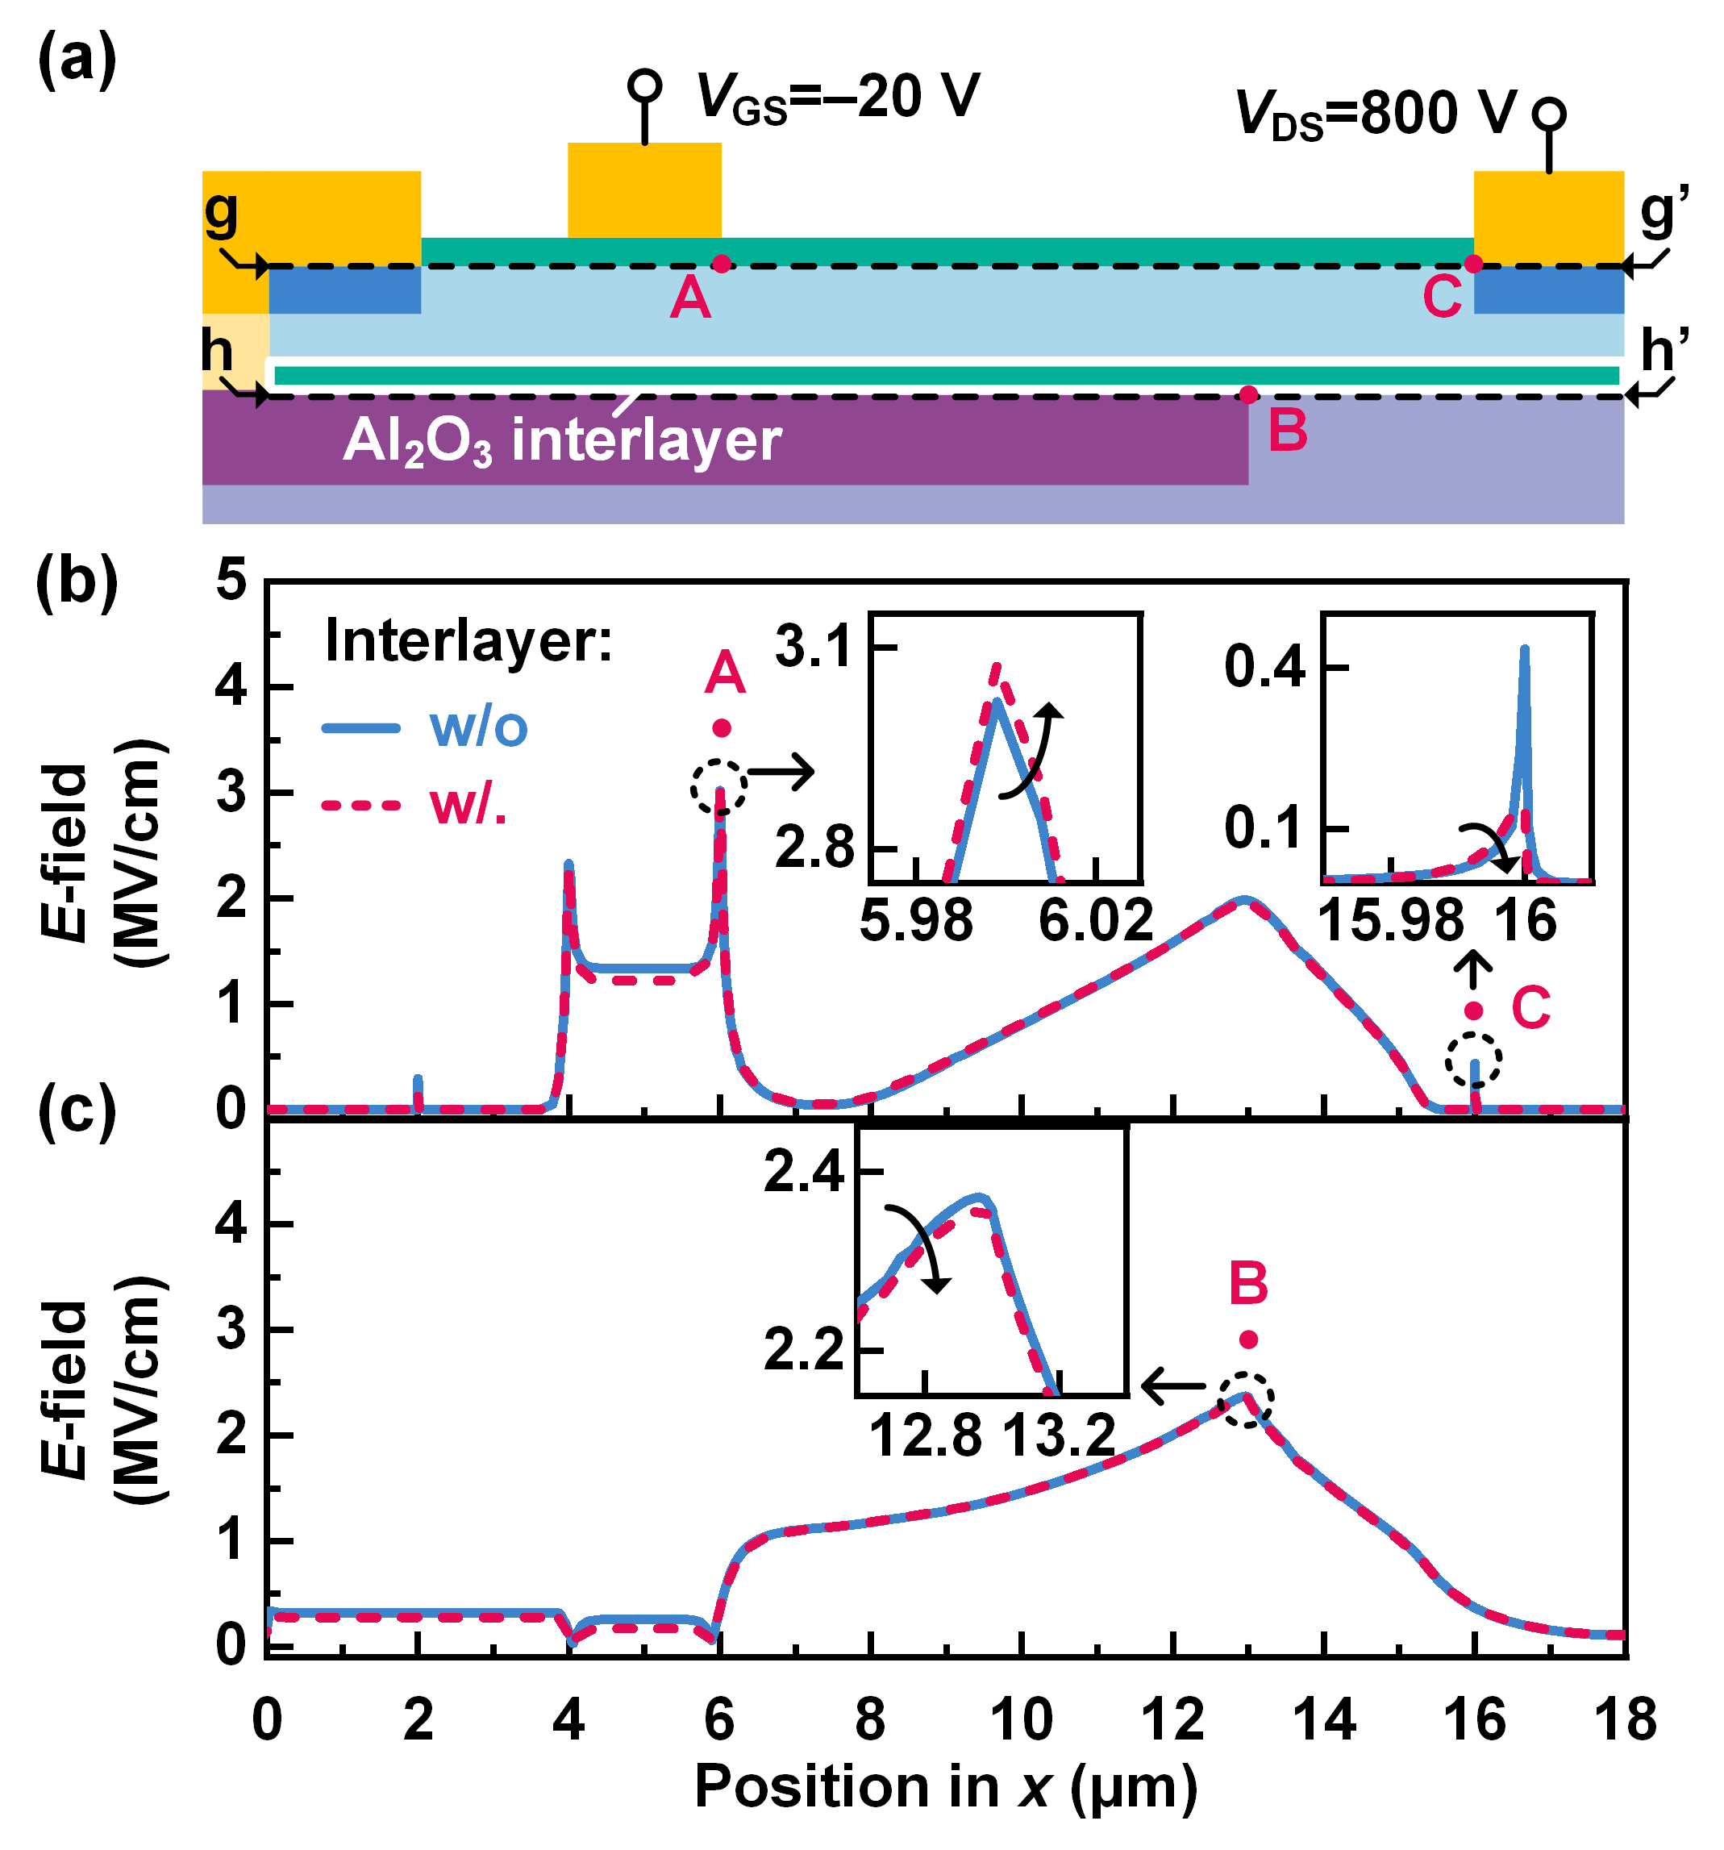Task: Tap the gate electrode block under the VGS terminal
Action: (x=643, y=191)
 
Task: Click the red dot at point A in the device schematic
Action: (x=721, y=265)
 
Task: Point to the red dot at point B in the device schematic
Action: (x=1248, y=394)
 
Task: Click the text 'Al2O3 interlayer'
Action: (x=562, y=440)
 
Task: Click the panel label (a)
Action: (x=77, y=60)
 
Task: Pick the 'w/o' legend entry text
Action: (x=478, y=727)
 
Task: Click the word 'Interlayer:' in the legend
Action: (x=468, y=641)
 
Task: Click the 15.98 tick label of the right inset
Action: (x=1392, y=920)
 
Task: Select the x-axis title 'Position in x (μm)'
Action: (x=945, y=1788)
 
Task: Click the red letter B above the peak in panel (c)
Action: (x=1248, y=1283)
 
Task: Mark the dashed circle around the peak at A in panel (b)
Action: (x=719, y=787)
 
